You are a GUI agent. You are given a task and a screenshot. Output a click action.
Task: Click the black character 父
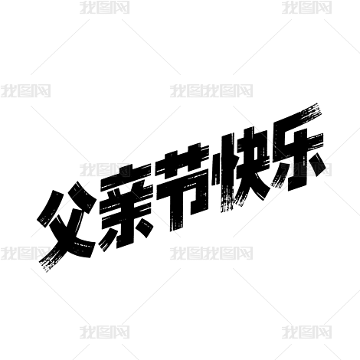point(67,224)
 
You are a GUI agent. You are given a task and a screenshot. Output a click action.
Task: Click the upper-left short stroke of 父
point(50,207)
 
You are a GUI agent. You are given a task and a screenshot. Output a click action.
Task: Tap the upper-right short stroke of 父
point(83,197)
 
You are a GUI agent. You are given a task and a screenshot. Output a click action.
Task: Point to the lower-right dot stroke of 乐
point(318,165)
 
